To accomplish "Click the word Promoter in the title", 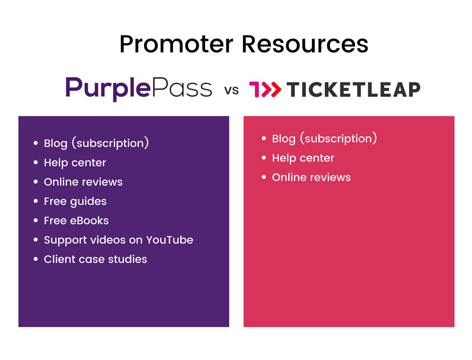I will tap(176, 44).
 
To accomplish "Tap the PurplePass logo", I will tap(139, 89).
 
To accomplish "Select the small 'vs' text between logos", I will tap(231, 90).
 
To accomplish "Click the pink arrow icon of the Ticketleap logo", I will tap(265, 89).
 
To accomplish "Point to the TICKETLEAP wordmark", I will tap(353, 89).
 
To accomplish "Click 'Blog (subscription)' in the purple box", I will tap(96, 143).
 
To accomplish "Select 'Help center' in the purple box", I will tap(75, 163).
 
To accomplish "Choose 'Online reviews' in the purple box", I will tap(83, 182).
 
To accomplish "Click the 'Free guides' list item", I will tap(75, 202).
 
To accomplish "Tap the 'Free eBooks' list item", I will tap(76, 221).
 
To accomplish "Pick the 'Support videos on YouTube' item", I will tap(118, 240).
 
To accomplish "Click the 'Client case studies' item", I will tap(95, 259).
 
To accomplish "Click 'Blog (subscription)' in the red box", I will tap(324, 139).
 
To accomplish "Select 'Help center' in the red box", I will tap(303, 158).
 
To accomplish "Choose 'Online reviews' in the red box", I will tap(311, 177).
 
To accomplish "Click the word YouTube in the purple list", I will tap(169, 240).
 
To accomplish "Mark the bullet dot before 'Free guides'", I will tap(36, 201).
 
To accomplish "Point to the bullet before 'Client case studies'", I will tap(36, 259).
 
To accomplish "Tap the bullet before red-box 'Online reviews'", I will tap(264, 177).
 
